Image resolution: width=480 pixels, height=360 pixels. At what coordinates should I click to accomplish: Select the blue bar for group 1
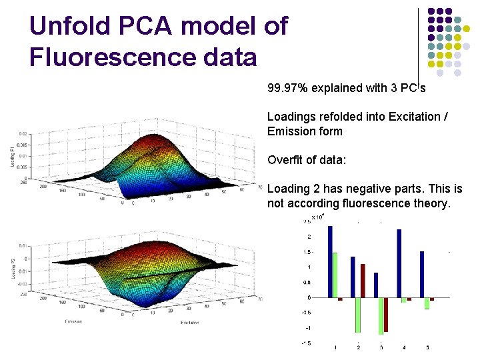[x=330, y=261]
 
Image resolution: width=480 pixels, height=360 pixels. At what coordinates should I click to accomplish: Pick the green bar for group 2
[x=358, y=315]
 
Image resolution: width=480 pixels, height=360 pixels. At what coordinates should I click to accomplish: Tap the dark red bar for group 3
[x=385, y=315]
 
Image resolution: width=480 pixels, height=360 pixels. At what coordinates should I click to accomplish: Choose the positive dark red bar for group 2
[x=363, y=281]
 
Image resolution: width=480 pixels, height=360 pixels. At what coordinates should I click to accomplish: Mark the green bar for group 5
[x=427, y=303]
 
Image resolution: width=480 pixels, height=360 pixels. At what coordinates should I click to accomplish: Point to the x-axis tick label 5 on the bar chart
[x=427, y=347]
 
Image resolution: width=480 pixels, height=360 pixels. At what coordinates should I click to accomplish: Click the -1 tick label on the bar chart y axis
[x=308, y=328]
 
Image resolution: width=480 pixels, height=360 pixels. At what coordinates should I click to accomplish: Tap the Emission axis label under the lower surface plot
[x=74, y=322]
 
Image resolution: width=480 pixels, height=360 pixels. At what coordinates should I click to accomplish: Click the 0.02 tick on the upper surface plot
[x=23, y=134]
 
